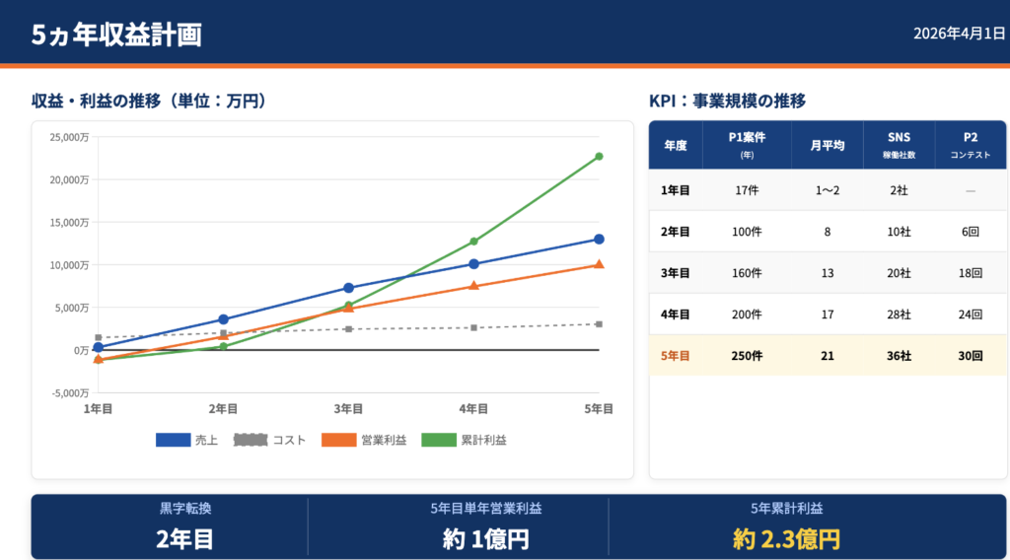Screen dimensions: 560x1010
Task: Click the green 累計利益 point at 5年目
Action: click(599, 157)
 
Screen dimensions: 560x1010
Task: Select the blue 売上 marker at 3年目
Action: click(348, 288)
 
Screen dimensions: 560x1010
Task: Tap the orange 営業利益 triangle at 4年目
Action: click(473, 286)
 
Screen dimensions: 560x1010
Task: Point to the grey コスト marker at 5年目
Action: click(599, 324)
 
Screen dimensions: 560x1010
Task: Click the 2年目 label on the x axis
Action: click(223, 409)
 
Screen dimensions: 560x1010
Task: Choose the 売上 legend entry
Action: click(188, 440)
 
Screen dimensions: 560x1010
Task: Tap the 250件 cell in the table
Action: click(747, 356)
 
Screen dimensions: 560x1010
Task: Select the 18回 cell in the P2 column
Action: click(970, 273)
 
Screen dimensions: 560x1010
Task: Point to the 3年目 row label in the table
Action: click(675, 273)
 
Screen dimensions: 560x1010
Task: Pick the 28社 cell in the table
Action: click(899, 315)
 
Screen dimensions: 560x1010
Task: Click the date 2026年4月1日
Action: click(959, 34)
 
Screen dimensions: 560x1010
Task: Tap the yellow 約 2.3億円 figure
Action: click(786, 539)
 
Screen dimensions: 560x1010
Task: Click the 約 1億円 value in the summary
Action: click(485, 539)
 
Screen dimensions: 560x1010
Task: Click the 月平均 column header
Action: click(827, 145)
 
